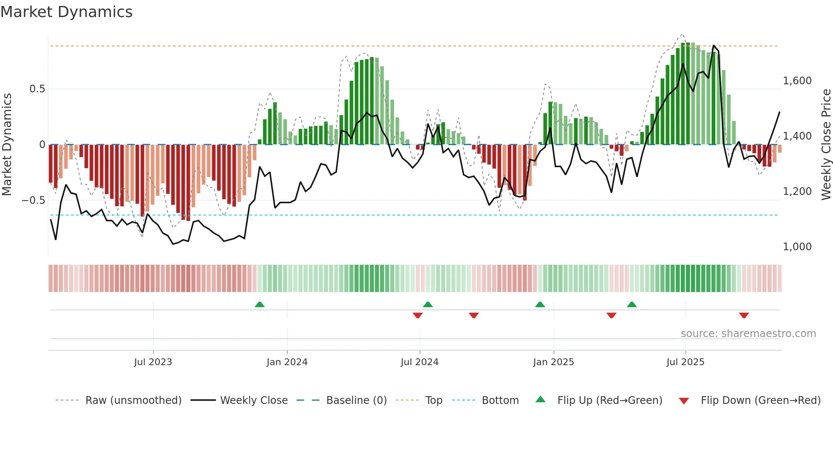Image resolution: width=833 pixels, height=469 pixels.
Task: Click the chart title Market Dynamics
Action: click(66, 12)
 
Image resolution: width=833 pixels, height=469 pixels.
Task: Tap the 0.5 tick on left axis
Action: click(37, 89)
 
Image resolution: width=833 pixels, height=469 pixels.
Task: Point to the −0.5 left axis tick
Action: click(34, 200)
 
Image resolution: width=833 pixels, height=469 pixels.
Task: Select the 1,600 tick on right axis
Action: click(797, 81)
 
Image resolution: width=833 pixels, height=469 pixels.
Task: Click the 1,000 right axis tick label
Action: click(797, 247)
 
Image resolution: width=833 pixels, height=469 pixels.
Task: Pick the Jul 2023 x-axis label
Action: click(153, 362)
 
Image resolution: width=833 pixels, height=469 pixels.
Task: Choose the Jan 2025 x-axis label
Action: click(553, 362)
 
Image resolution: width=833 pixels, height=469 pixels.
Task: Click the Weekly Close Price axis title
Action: click(826, 145)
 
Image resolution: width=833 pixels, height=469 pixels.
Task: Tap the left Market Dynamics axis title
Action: click(7, 145)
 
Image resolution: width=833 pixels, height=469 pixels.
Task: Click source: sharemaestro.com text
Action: click(748, 334)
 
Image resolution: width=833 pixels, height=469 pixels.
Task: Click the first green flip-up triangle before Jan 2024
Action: click(260, 305)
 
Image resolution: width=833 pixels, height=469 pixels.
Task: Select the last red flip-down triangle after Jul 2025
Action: click(744, 315)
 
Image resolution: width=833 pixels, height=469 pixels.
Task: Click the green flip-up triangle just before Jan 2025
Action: click(540, 305)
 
